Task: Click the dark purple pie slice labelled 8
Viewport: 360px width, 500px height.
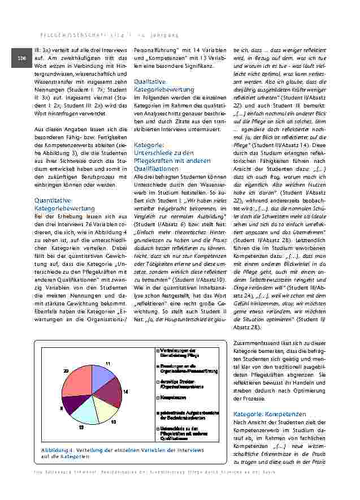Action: click(71, 403)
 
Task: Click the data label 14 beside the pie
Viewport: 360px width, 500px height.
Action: click(125, 391)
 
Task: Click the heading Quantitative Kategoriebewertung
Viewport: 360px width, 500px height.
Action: click(58, 204)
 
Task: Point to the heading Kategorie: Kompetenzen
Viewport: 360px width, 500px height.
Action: click(269, 414)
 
